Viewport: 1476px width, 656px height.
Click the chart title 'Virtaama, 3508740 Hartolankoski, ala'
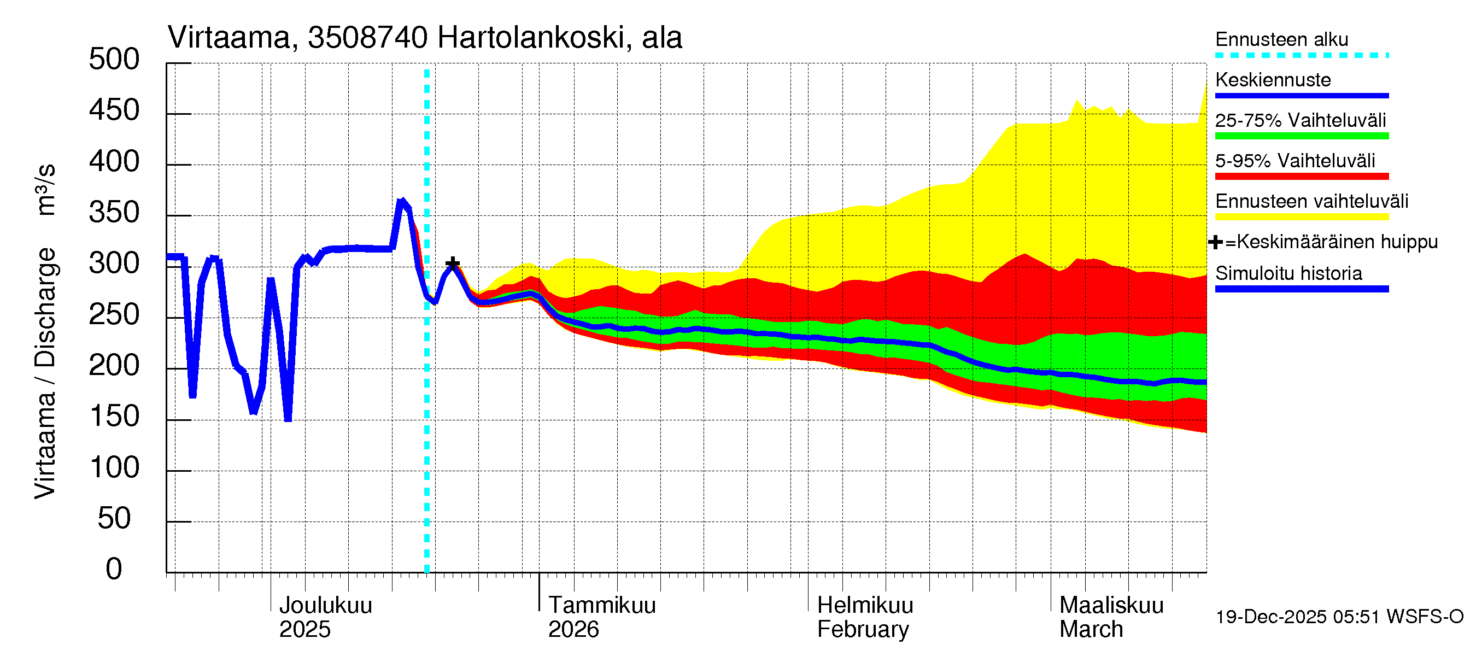coord(425,38)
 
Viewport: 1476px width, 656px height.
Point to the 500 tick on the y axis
coord(114,60)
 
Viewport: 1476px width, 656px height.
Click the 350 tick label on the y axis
coord(114,213)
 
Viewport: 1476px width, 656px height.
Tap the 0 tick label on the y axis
coord(114,569)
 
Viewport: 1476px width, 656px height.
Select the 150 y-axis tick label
coord(114,417)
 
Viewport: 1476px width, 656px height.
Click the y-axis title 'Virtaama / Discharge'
coord(45,372)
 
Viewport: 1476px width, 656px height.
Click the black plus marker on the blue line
coord(452,263)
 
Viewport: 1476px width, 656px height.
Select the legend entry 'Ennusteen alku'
coord(1281,39)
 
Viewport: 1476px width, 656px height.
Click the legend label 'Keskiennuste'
coord(1273,80)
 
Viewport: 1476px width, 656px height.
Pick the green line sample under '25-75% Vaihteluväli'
coord(1301,136)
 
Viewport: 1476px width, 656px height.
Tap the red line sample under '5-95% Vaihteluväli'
coord(1301,177)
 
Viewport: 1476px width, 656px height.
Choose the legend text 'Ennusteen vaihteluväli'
coord(1311,201)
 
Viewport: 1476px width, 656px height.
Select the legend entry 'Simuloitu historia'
coord(1288,273)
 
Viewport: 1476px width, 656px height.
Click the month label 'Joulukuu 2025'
coord(325,617)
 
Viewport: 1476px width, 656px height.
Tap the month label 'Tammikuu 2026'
coord(602,617)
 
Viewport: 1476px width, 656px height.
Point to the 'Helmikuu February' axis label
coord(865,617)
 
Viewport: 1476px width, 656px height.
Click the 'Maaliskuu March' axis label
coord(1111,617)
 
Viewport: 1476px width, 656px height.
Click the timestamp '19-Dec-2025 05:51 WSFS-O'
coord(1339,617)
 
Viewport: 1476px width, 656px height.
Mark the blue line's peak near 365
coord(402,201)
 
